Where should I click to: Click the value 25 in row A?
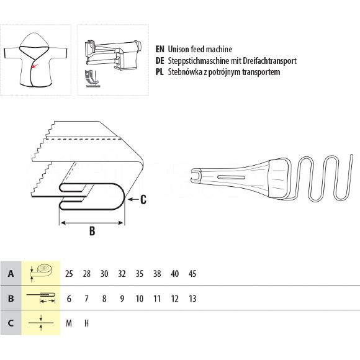(69, 274)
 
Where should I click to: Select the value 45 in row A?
(192, 274)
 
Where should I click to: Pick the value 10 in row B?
(140, 299)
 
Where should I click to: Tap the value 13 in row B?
(192, 299)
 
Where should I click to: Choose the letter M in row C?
(69, 323)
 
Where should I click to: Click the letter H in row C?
(86, 323)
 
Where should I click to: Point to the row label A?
(11, 274)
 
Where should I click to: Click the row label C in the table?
(11, 323)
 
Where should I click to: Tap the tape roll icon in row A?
(41, 272)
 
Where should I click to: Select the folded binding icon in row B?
(41, 297)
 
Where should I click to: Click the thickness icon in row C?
(41, 323)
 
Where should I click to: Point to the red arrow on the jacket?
(35, 66)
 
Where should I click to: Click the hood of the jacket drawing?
(34, 42)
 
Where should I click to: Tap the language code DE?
(160, 61)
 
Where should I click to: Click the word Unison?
(178, 49)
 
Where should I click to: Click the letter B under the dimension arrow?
(92, 231)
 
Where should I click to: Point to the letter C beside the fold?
(143, 199)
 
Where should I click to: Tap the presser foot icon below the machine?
(92, 79)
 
